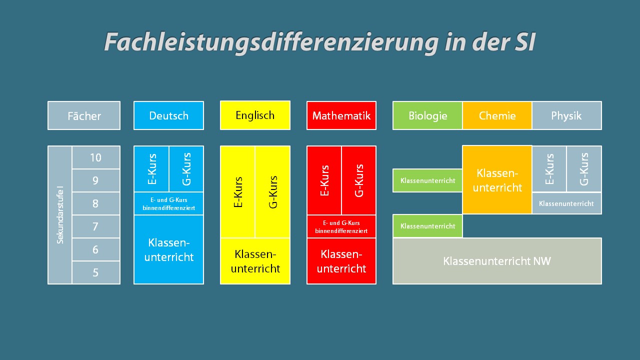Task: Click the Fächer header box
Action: click(84, 115)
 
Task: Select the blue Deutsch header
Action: click(168, 115)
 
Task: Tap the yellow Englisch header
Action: click(255, 115)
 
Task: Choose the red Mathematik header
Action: click(341, 115)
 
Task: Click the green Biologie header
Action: click(427, 115)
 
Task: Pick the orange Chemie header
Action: click(497, 115)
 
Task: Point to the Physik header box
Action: click(567, 115)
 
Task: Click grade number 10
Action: click(95, 157)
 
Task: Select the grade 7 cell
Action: click(96, 226)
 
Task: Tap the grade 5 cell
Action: click(96, 272)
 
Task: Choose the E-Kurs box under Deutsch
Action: click(151, 169)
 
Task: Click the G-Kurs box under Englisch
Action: click(272, 191)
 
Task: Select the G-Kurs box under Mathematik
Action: click(359, 180)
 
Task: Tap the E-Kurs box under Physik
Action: click(549, 169)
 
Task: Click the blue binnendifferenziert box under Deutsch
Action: click(168, 203)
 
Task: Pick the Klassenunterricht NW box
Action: click(497, 261)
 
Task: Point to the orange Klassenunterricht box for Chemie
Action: click(497, 179)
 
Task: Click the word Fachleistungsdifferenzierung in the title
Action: click(271, 42)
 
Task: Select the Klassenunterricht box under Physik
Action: click(567, 203)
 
